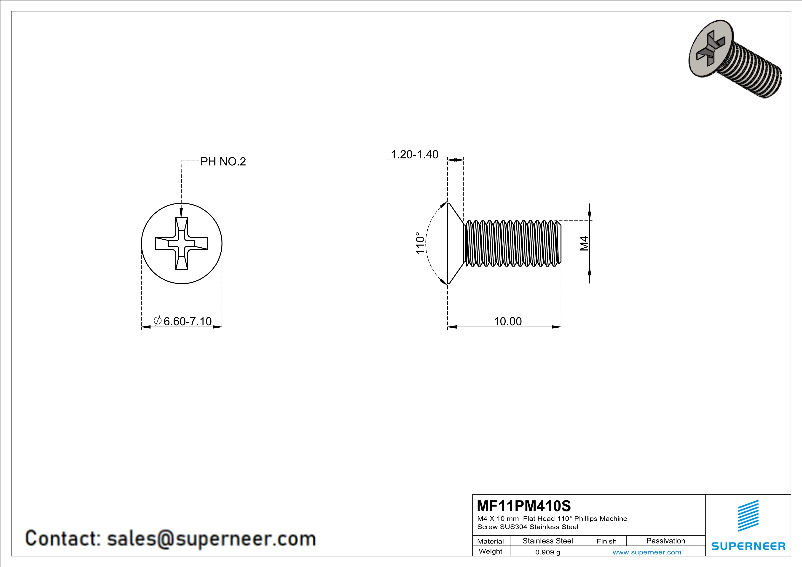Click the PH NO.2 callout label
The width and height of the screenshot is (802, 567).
pos(223,162)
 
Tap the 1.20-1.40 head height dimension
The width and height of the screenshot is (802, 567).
pos(414,154)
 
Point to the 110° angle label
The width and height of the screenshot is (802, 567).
pos(420,243)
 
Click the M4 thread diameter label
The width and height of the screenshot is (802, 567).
pos(584,243)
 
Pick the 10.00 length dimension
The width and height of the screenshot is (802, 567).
pos(507,321)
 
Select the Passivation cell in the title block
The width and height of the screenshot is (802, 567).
pos(665,541)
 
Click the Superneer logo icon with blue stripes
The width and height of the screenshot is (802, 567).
pos(748,516)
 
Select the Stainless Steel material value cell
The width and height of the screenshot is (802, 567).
pos(547,541)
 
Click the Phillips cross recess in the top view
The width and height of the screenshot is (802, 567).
pos(182,243)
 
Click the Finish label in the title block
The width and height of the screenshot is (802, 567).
pos(606,541)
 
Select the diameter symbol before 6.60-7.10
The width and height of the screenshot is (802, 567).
pos(158,321)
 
